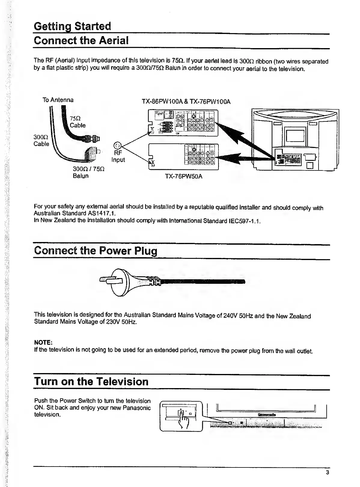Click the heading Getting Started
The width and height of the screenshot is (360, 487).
72,26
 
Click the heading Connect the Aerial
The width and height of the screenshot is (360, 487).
81,40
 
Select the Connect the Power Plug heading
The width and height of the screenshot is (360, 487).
96,251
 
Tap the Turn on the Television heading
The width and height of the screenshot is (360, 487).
91,381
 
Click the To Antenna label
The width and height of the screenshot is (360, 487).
58,100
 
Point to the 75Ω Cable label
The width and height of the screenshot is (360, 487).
77,121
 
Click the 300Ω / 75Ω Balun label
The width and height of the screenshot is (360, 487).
88,172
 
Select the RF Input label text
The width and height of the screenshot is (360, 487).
118,156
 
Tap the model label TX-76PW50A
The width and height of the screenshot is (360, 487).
184,176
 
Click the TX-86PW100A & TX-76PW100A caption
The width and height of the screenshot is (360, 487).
186,102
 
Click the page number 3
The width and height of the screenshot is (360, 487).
327,472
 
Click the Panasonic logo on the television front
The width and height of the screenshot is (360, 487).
267,415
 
